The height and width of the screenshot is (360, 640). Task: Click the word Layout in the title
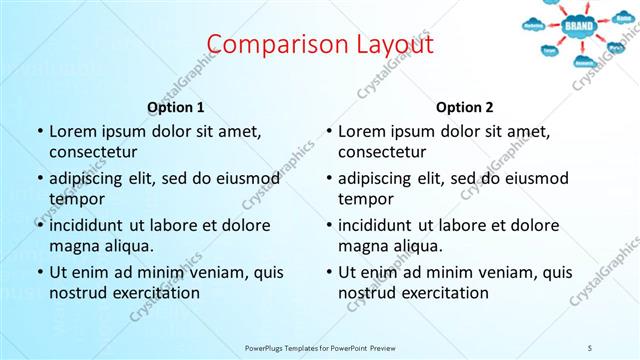[x=388, y=45]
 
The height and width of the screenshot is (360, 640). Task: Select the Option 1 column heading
[x=176, y=107]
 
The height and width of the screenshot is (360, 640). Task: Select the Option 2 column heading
[x=465, y=107]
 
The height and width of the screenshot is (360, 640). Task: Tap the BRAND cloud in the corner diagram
[x=579, y=26]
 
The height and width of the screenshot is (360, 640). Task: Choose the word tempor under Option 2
[x=366, y=198]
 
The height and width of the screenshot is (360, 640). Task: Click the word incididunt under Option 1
[x=86, y=225]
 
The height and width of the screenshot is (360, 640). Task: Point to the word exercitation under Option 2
[x=443, y=292]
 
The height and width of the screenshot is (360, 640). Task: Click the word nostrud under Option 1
[x=75, y=292]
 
